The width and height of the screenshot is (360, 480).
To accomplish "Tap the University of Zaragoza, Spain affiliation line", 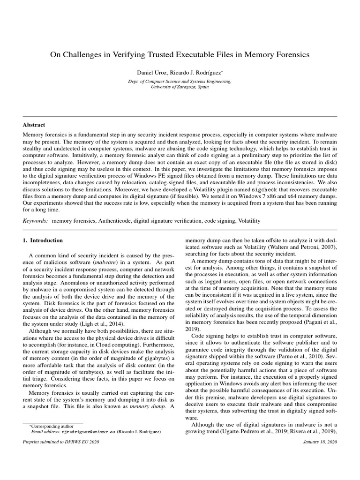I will coord(180,87).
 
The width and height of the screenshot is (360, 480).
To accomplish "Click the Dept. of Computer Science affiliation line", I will coord(180,81).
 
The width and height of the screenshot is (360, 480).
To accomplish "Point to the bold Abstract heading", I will coord(34,125).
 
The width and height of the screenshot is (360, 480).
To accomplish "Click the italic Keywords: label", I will coord(36,220).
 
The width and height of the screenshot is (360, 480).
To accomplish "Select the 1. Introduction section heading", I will coord(43,240).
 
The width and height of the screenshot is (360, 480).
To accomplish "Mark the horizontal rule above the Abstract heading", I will coord(180,116).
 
